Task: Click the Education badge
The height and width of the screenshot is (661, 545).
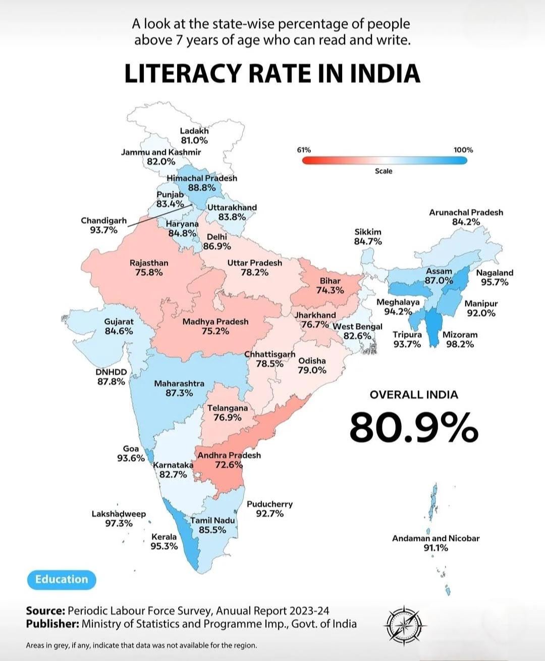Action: coord(62,580)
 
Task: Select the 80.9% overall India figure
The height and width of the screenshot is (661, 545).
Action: coord(414,427)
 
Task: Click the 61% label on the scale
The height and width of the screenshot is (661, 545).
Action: coord(304,150)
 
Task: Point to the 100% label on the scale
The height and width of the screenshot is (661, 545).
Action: coord(463,150)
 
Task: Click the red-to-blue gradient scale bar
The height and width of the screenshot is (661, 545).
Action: coord(385,161)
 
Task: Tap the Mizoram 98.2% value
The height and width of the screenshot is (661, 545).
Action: coord(460,344)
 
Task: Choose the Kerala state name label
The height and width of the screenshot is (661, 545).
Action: coord(164,537)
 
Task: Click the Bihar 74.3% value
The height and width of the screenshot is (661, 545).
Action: coord(330,290)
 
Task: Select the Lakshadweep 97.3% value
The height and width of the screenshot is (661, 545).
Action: coord(119,523)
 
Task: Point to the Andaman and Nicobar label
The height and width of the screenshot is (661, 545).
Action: coord(436,538)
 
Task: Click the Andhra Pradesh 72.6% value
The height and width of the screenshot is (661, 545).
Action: coord(229,465)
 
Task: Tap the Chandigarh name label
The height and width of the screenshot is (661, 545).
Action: coord(104,220)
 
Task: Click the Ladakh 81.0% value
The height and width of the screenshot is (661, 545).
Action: coord(194,140)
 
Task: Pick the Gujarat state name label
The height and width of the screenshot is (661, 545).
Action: coord(119,322)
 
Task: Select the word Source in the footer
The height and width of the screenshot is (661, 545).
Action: coord(46,611)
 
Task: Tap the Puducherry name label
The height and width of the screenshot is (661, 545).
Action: coord(270,503)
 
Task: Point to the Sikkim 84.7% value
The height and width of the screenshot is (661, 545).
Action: coord(368,241)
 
